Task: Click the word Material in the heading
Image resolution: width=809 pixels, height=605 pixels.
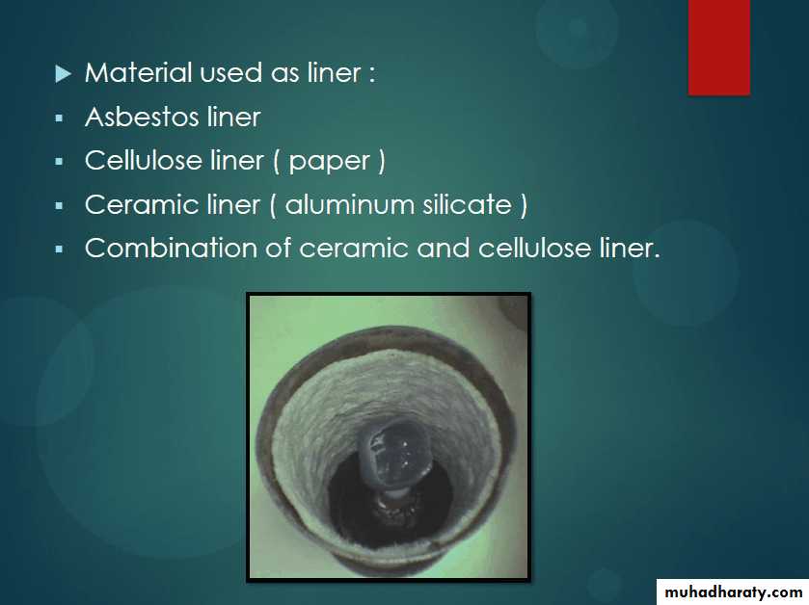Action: click(x=138, y=72)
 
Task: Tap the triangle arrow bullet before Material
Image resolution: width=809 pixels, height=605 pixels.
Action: click(x=63, y=73)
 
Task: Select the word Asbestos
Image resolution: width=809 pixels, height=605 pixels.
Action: click(x=142, y=117)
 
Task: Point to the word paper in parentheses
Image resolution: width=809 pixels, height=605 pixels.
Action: click(x=329, y=163)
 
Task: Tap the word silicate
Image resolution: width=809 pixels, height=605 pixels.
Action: click(x=467, y=204)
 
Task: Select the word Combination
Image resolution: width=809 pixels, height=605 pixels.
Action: click(x=171, y=248)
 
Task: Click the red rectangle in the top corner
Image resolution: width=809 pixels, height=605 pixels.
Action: click(x=718, y=47)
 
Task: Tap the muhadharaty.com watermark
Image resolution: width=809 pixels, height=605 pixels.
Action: click(x=733, y=592)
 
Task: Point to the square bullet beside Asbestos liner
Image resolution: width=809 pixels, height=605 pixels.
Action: click(x=60, y=118)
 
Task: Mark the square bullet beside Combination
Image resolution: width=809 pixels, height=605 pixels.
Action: click(x=60, y=250)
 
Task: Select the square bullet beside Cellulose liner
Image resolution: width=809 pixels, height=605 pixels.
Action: click(x=60, y=162)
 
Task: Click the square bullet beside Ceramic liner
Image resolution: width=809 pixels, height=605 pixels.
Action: click(x=60, y=206)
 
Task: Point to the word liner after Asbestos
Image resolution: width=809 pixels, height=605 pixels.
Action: click(x=233, y=117)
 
